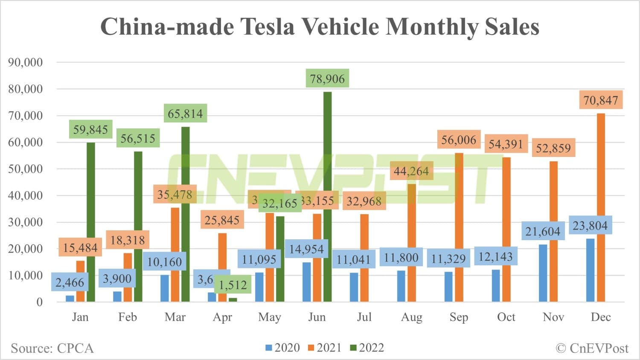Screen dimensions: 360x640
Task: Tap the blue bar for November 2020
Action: (x=543, y=273)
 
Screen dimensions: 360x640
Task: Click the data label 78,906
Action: (x=327, y=78)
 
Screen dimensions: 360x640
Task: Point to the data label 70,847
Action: (x=601, y=100)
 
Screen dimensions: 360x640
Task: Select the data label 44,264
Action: (x=411, y=171)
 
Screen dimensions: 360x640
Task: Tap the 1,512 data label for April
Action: (x=233, y=285)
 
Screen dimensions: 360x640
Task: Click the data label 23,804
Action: (x=590, y=225)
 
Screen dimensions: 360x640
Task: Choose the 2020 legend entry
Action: (x=282, y=348)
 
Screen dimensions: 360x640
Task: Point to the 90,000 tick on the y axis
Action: (x=26, y=62)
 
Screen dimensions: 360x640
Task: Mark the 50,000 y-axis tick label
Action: (x=26, y=169)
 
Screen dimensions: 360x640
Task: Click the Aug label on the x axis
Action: (x=411, y=317)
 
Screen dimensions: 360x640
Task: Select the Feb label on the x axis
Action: (x=128, y=317)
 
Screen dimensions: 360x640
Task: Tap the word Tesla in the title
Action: (x=268, y=26)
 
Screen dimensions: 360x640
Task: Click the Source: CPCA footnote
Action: (x=52, y=348)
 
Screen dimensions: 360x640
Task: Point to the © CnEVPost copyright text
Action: (x=592, y=348)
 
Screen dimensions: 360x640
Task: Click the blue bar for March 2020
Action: (x=165, y=288)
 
